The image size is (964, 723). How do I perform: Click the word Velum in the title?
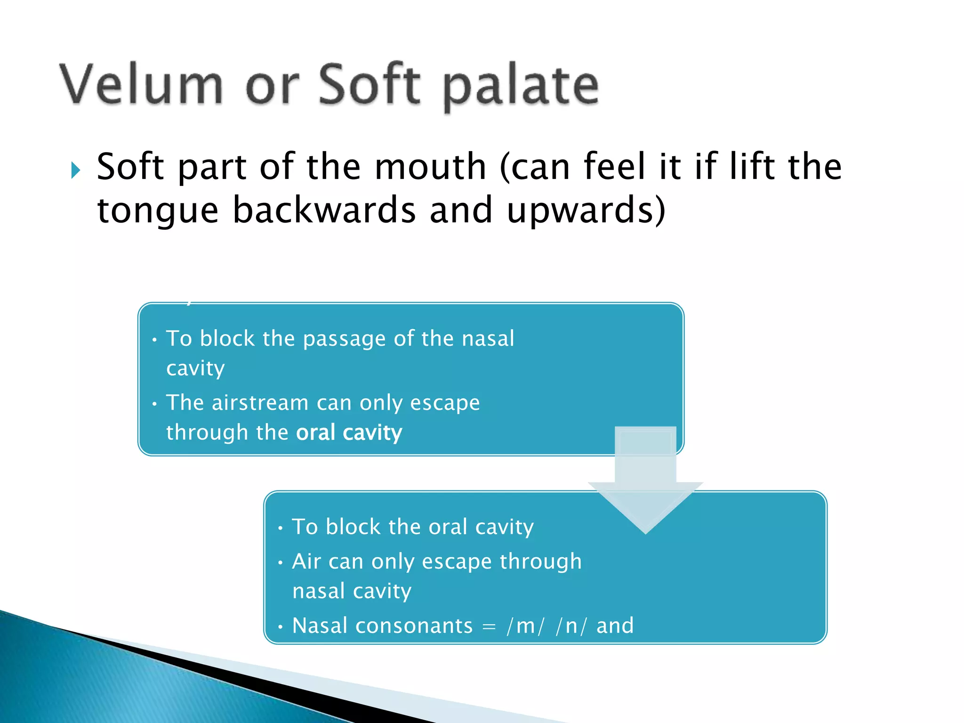[141, 85]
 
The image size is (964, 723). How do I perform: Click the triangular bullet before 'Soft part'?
[76, 170]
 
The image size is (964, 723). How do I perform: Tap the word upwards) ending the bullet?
[586, 210]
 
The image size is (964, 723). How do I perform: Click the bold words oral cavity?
[349, 433]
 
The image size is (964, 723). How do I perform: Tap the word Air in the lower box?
[306, 562]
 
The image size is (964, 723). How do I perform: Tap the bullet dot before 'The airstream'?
[154, 404]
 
